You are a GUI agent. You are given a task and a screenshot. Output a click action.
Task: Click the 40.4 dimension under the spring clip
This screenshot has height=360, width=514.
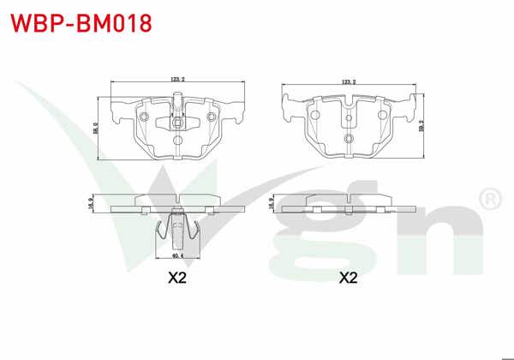coord(176,255)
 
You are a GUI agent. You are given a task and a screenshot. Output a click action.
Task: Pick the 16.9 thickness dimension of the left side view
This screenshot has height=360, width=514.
coord(91,203)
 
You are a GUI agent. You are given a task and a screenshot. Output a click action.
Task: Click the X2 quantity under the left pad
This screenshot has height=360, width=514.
coord(176,279)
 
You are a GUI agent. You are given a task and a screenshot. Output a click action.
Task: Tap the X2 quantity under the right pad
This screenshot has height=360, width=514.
coord(348,279)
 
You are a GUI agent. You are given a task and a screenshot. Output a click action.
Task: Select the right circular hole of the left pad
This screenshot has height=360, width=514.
coord(211,117)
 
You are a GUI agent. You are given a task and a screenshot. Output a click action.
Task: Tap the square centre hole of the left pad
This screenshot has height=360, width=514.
coord(176,121)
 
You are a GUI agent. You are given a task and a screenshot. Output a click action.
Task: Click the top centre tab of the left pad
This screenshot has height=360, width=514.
coord(177,97)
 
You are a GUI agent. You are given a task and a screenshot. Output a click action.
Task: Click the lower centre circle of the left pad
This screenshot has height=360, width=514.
coord(176,140)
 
